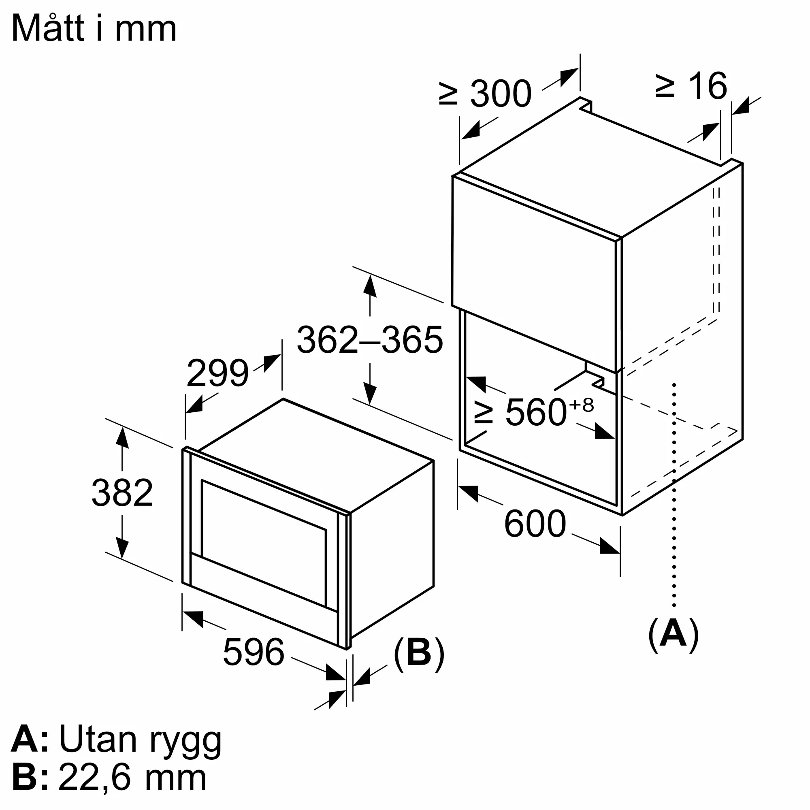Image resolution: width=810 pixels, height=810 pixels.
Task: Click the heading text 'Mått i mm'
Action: click(x=94, y=28)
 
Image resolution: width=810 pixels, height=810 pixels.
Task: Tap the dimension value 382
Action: click(x=122, y=493)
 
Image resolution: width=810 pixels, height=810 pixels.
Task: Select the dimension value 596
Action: click(x=253, y=652)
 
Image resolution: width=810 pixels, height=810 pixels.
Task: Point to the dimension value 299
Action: click(x=217, y=373)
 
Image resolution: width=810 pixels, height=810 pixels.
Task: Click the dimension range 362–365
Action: click(x=369, y=340)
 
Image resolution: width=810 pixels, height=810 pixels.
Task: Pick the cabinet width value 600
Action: click(x=535, y=524)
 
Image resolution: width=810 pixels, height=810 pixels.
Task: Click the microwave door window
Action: click(x=263, y=544)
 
